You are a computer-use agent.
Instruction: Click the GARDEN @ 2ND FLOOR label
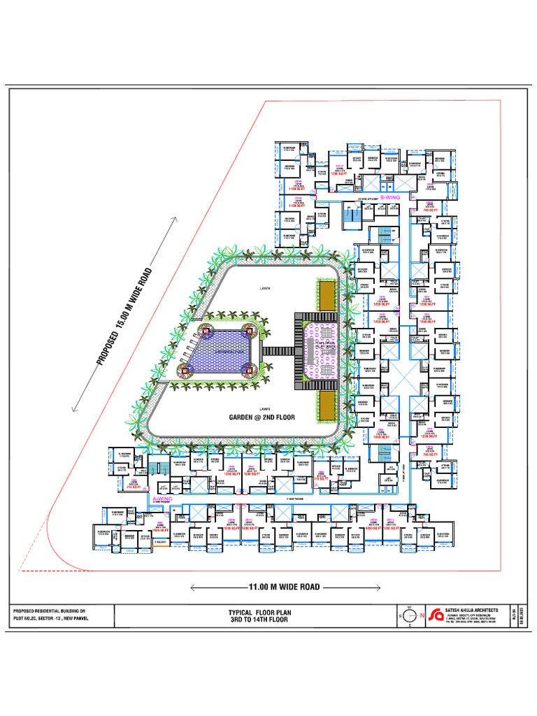[262, 417]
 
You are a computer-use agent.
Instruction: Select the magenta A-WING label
[162, 499]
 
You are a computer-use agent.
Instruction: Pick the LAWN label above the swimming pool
[264, 287]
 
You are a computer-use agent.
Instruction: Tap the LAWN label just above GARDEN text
[264, 408]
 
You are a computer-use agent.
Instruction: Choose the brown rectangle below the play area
[325, 406]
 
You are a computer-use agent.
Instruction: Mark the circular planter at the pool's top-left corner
[207, 328]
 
